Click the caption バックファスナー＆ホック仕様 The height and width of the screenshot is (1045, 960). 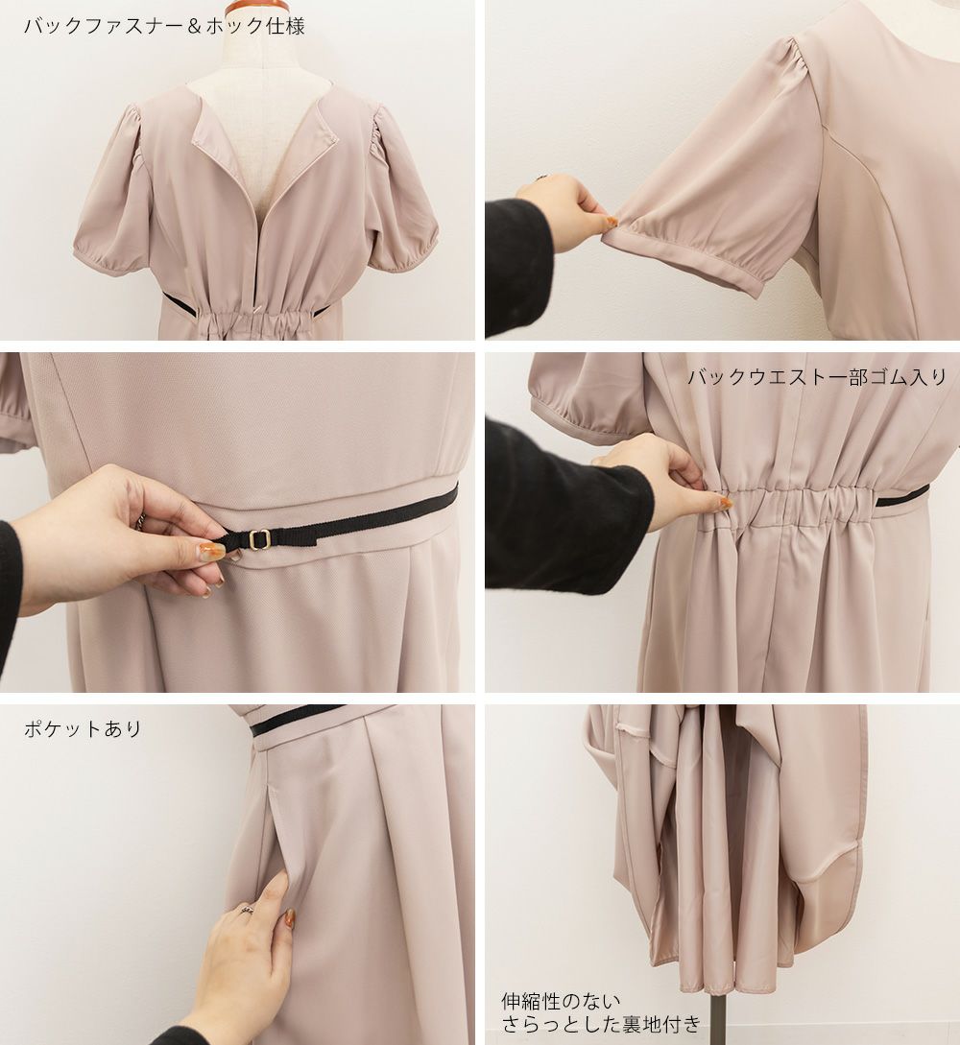[x=164, y=26]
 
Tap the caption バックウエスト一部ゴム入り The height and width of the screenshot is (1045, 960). [x=817, y=377]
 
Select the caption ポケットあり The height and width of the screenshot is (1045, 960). [x=83, y=728]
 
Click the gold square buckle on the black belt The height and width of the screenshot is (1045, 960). [x=258, y=537]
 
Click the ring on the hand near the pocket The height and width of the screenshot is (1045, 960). [x=246, y=909]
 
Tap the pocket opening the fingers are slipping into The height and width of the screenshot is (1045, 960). [x=280, y=846]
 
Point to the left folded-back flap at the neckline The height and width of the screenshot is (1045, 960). [x=213, y=126]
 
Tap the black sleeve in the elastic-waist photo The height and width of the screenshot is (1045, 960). [x=566, y=507]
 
